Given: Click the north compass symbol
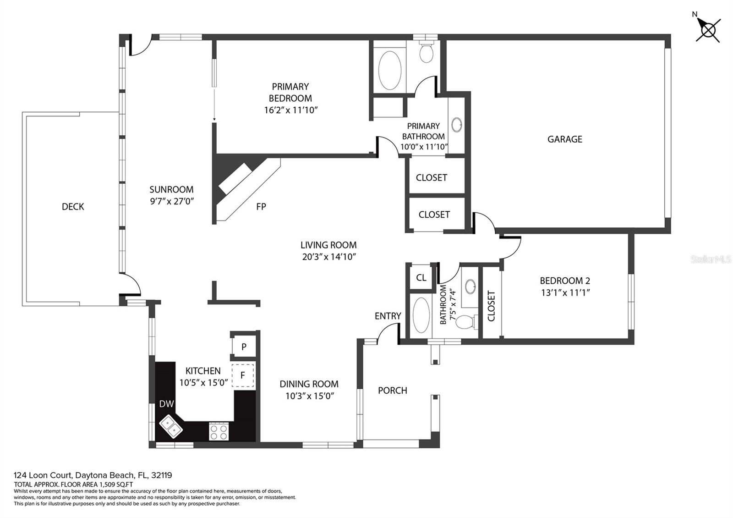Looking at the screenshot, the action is (708, 30).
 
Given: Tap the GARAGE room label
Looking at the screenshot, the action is (564, 139).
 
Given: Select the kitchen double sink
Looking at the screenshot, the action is (171, 426).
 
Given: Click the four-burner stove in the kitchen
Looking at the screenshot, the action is (219, 431).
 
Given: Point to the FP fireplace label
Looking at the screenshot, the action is (261, 207).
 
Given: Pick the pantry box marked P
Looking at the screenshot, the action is (244, 347).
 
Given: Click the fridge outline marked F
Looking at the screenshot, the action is (243, 375).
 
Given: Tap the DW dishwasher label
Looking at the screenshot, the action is (166, 404).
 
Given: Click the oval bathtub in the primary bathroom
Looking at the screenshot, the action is (389, 70).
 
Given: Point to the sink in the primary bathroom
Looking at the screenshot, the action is (456, 125).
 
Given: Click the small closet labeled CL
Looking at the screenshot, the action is (421, 277).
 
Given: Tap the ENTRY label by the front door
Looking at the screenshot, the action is (388, 316).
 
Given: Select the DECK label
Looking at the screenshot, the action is (73, 207).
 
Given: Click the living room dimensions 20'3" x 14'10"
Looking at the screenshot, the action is (329, 257).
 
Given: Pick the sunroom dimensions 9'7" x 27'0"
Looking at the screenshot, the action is (172, 201).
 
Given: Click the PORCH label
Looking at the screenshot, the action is (392, 390).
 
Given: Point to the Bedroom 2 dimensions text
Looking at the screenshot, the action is (565, 292).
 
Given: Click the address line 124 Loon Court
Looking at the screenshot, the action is (93, 475).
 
